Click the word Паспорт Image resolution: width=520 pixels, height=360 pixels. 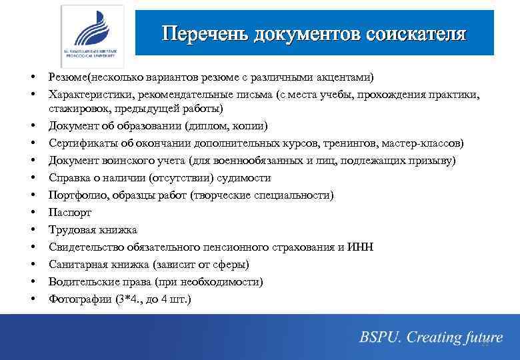(x=70, y=213)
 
